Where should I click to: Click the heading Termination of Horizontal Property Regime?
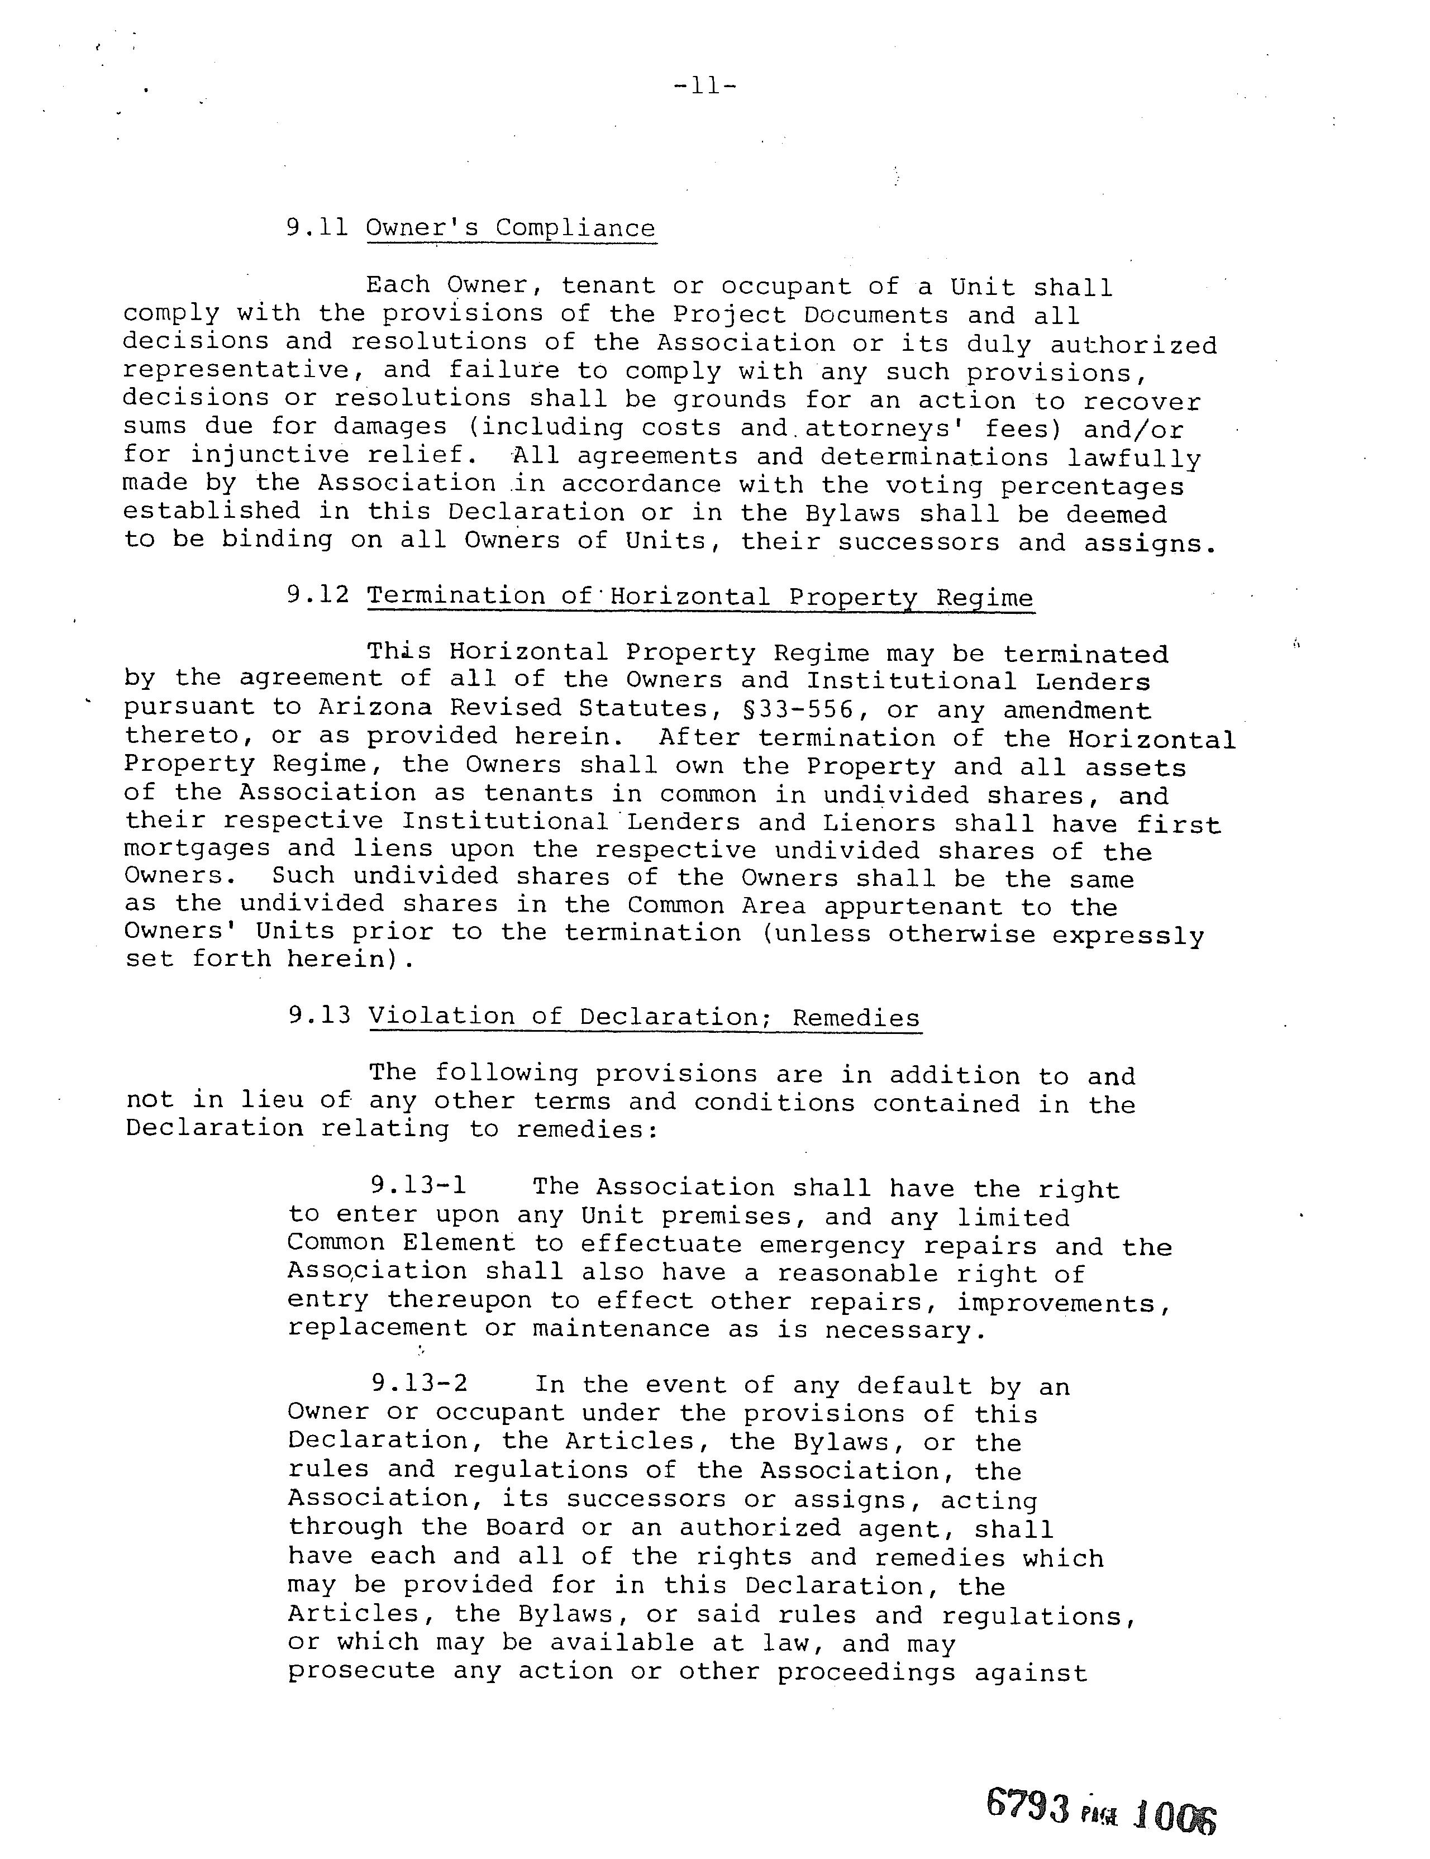[700, 597]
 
